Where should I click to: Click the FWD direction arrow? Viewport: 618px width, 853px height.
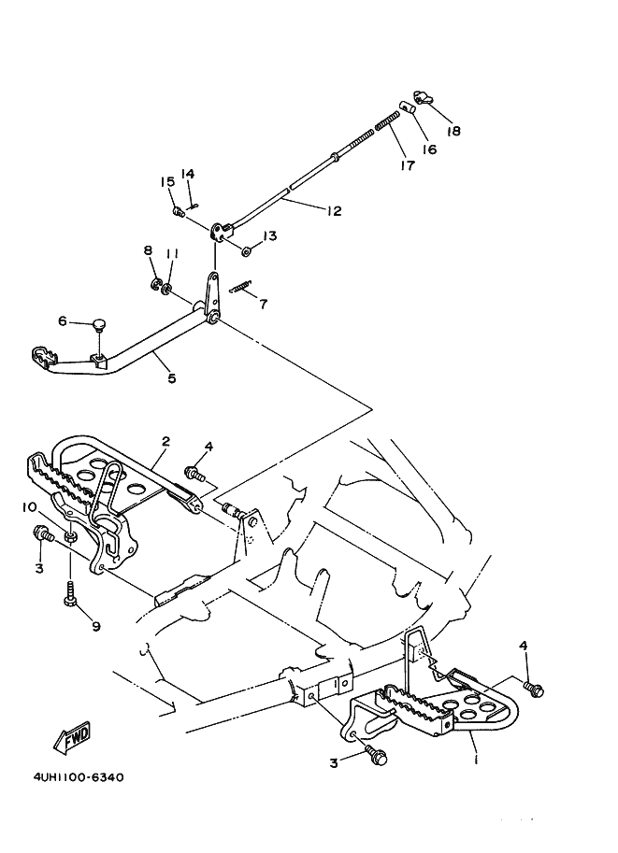click(72, 738)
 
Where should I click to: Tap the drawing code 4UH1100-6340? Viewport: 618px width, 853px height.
click(79, 777)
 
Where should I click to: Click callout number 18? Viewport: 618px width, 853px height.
click(453, 131)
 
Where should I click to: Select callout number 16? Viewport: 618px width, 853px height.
click(429, 149)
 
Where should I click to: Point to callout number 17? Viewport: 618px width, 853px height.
click(408, 165)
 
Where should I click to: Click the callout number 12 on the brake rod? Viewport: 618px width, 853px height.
click(334, 210)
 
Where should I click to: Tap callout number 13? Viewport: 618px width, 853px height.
click(269, 235)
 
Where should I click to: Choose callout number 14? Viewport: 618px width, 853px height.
click(187, 174)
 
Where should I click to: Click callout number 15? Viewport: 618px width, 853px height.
click(167, 181)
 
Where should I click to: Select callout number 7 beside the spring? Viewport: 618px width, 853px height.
click(264, 304)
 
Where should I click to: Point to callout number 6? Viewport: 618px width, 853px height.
click(63, 321)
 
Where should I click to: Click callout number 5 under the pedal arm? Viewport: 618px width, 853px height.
click(172, 378)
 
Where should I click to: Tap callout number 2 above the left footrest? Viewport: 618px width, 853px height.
click(166, 441)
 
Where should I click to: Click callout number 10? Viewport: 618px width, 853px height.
click(29, 507)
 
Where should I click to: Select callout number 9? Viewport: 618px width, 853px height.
click(96, 627)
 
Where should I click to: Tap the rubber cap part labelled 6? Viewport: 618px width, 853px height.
click(98, 325)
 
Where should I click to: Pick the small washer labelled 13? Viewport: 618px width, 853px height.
click(246, 252)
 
